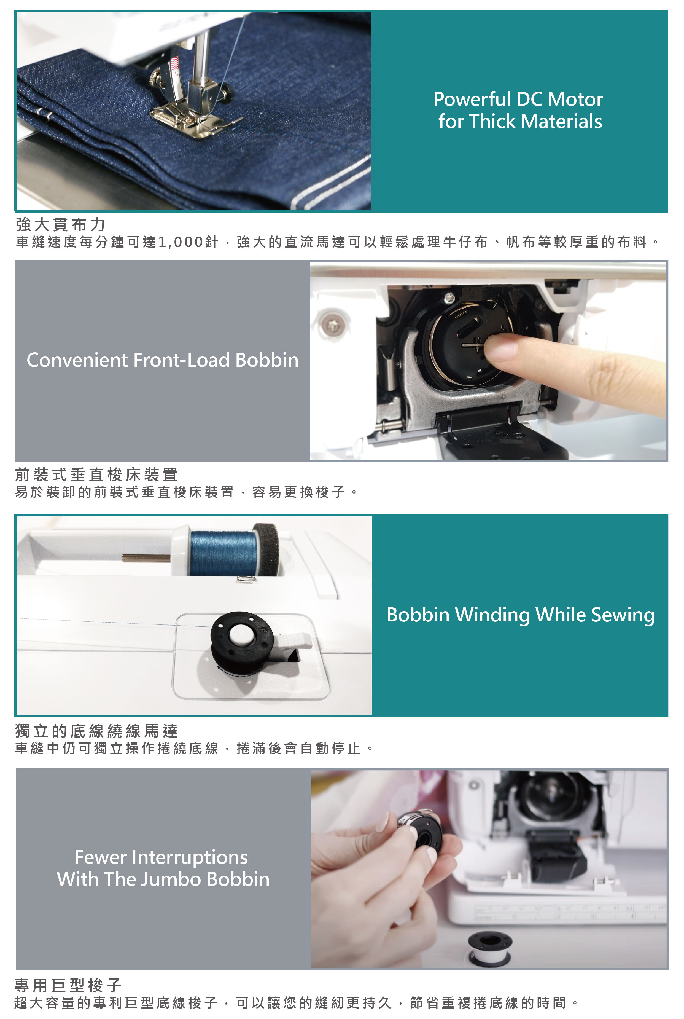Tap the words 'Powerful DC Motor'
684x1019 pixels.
[518, 100]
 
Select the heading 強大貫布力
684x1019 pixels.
[61, 224]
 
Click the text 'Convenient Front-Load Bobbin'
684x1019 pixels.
[163, 360]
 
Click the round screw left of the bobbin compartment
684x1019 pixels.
[334, 324]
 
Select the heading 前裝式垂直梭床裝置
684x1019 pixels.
[96, 474]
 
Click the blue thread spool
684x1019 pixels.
[223, 553]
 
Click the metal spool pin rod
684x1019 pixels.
[146, 557]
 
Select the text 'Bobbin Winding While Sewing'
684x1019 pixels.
[520, 615]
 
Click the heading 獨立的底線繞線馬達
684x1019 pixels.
[96, 731]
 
